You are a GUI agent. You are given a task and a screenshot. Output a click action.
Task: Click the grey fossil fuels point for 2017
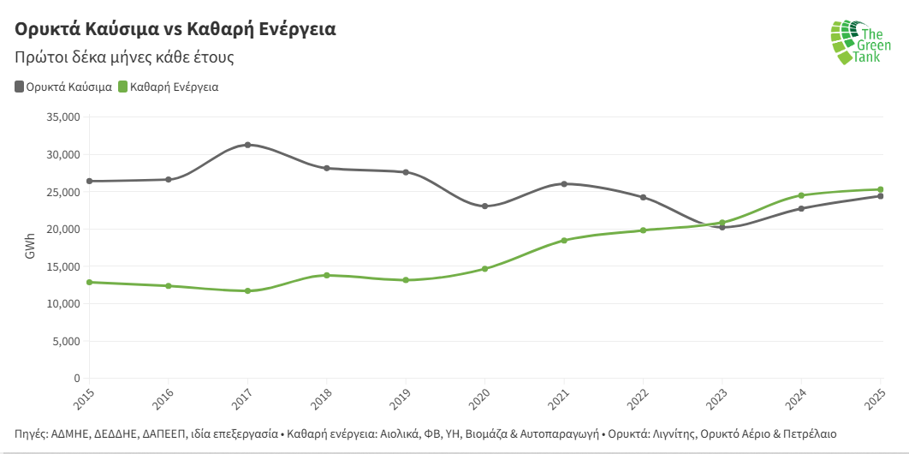click(247, 145)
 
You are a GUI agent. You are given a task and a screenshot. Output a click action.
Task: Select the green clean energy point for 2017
click(247, 291)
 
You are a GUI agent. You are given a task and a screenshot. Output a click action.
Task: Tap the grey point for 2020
click(484, 206)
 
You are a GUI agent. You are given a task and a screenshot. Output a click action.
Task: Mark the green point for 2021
click(564, 241)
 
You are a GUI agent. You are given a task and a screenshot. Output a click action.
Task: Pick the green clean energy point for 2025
click(880, 189)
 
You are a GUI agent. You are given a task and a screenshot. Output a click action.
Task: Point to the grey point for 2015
click(89, 181)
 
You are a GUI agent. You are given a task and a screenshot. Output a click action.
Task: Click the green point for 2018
click(326, 275)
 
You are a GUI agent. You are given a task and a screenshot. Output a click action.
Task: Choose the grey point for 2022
click(643, 197)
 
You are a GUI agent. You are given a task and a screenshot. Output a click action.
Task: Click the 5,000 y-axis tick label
click(65, 341)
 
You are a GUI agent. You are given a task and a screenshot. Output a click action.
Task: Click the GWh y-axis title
click(30, 248)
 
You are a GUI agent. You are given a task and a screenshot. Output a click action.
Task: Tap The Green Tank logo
click(859, 43)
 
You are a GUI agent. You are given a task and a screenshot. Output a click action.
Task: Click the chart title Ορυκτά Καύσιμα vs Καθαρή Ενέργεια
click(175, 29)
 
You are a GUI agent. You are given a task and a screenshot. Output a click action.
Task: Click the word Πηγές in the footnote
click(31, 433)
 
